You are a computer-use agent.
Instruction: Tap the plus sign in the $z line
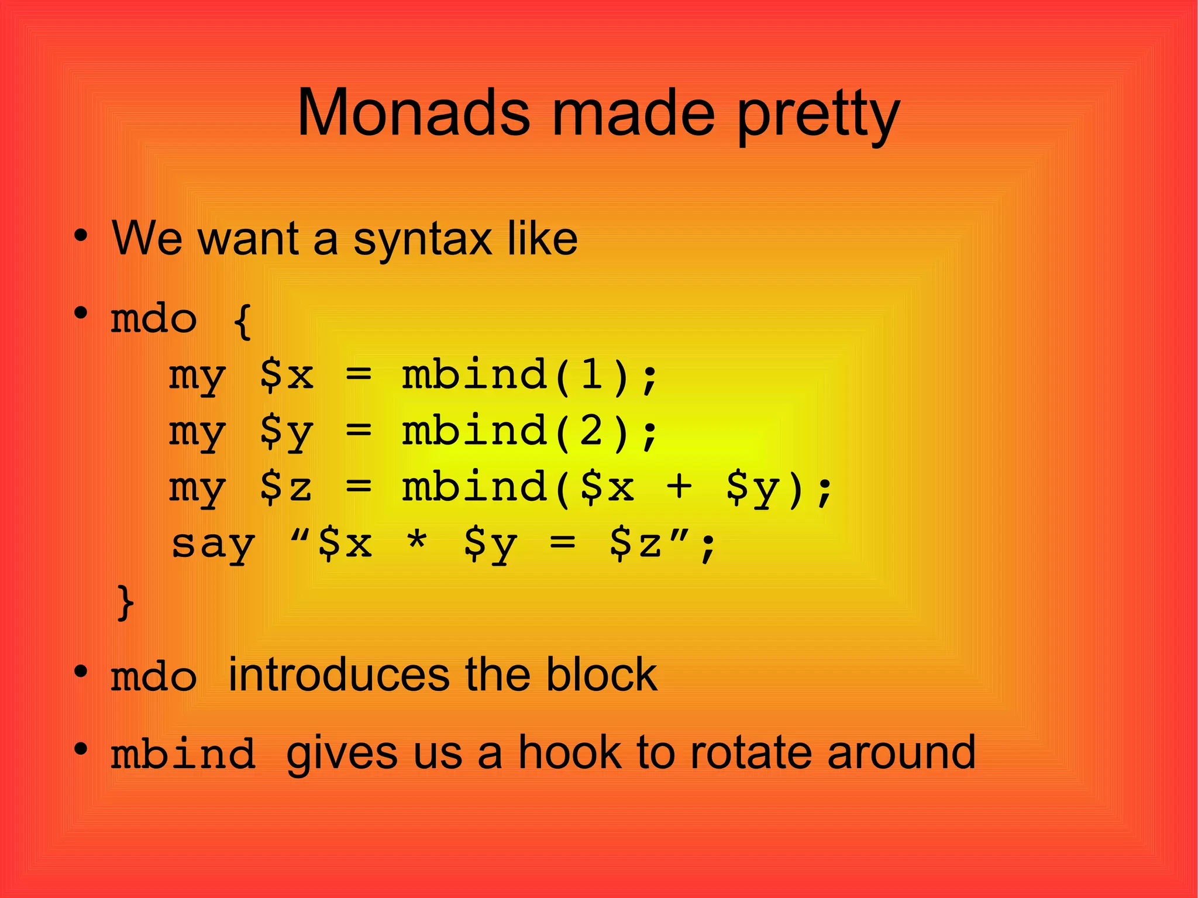(679, 487)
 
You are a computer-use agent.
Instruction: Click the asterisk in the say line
(416, 543)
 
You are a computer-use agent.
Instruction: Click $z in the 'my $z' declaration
(285, 487)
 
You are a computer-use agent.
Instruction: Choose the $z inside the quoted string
(636, 543)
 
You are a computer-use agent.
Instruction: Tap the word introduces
(338, 675)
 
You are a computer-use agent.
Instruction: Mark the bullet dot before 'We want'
(81, 236)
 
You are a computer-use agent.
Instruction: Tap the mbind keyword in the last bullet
(183, 754)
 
